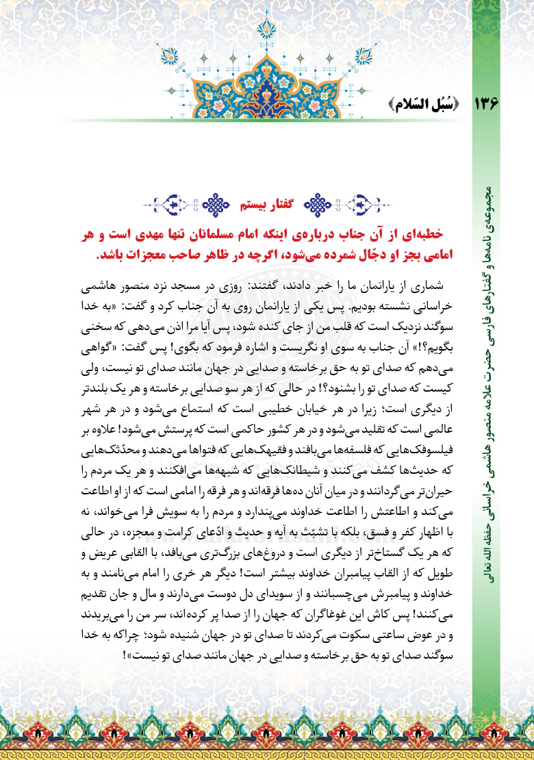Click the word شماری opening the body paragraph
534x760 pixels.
pyautogui.click(x=434, y=282)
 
